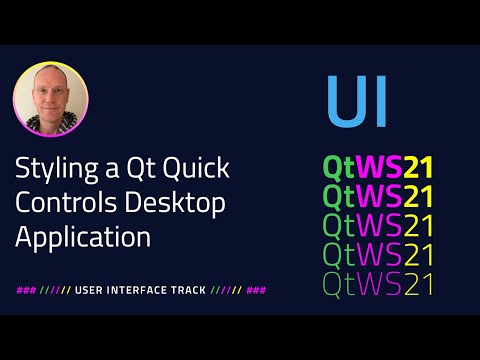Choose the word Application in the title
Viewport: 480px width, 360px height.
click(82, 238)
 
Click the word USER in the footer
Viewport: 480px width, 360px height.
click(90, 290)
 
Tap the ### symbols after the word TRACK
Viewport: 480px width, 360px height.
click(256, 290)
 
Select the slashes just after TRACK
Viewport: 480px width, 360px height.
click(226, 290)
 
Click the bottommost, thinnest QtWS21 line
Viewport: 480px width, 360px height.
click(377, 283)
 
